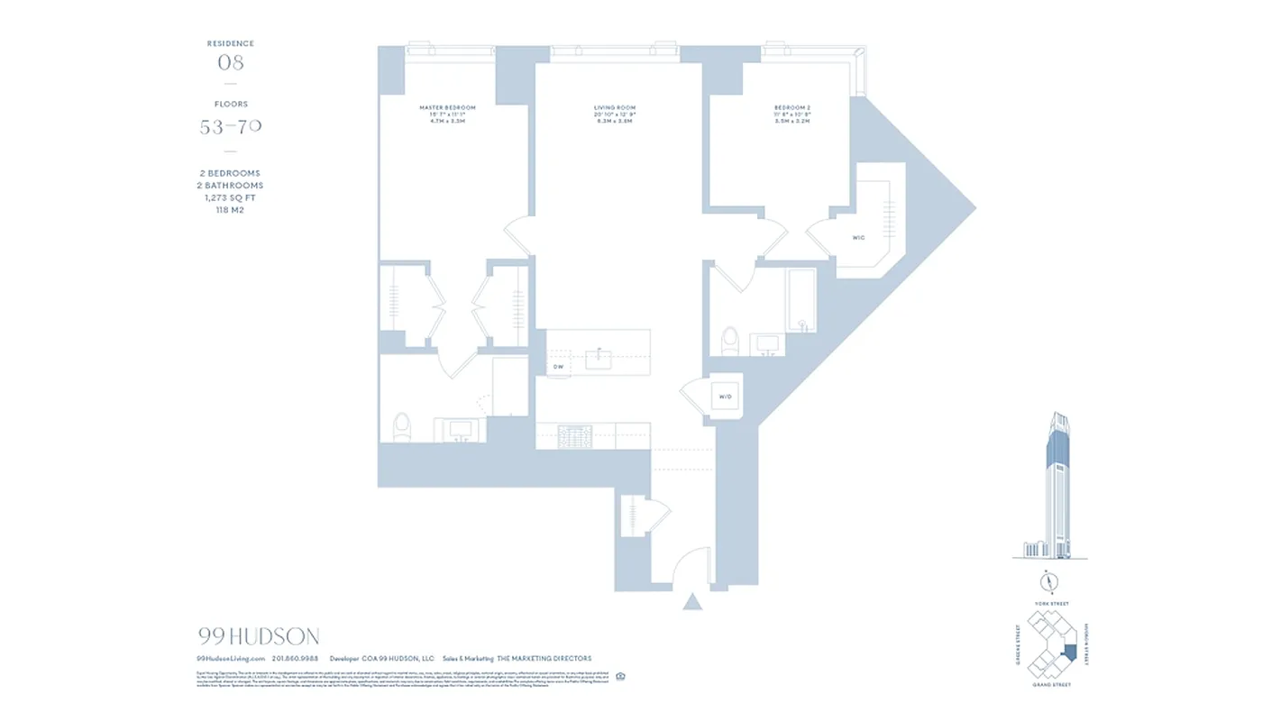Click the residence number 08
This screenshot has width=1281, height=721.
coord(231,63)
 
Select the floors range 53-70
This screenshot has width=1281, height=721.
coord(231,127)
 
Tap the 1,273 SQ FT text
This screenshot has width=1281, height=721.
coord(231,197)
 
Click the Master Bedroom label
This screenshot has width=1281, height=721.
coord(447,108)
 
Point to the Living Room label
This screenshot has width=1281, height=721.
coord(615,108)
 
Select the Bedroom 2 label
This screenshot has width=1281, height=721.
coord(792,108)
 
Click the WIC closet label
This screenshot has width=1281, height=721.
coord(858,238)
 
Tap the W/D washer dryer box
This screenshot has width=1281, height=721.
coord(725,397)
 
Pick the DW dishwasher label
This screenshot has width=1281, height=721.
coord(558,367)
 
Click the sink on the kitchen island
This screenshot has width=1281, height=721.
coord(599,359)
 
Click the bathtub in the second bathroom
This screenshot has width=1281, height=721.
coord(801,300)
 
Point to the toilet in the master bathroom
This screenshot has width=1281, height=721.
coord(402,426)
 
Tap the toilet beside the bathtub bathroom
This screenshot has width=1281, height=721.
coord(729,342)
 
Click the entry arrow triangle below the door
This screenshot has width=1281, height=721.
coord(692,601)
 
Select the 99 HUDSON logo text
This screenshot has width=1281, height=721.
coord(259,637)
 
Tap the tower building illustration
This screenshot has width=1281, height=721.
coord(1056,487)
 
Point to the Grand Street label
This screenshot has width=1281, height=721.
coord(1050,685)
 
